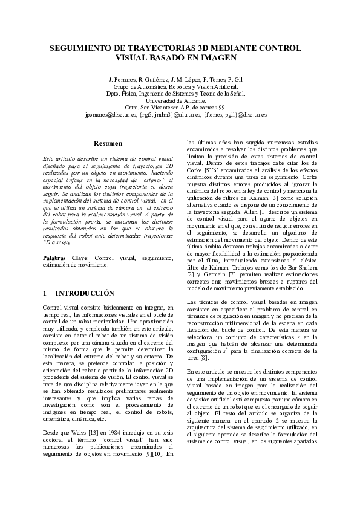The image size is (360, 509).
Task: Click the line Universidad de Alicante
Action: pyautogui.click(x=180, y=100)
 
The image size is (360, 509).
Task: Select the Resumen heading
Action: pyautogui.click(x=109, y=144)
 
